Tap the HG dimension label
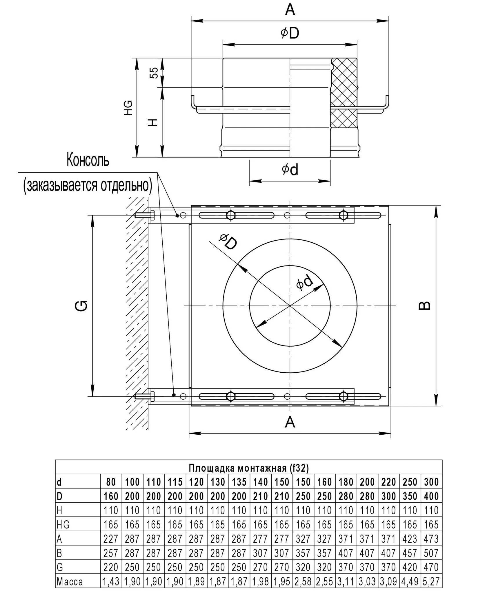click(x=128, y=107)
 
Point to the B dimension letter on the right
click(x=425, y=305)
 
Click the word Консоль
click(x=88, y=160)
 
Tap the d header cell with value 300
click(x=431, y=482)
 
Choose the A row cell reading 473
click(x=431, y=539)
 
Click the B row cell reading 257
click(x=111, y=553)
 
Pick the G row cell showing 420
click(x=410, y=567)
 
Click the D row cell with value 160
click(x=111, y=496)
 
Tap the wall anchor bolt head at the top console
click(x=152, y=215)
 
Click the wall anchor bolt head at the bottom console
click(x=152, y=396)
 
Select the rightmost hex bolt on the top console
click(x=344, y=215)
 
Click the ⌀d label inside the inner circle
click(x=305, y=282)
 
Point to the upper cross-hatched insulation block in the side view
click(x=344, y=82)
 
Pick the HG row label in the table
click(x=63, y=525)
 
